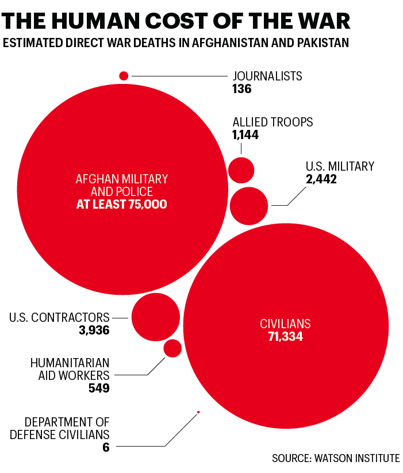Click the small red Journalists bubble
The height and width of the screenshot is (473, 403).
[x=124, y=75]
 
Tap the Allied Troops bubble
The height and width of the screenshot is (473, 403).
[x=241, y=170]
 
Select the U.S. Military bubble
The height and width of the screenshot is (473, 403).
[x=249, y=206]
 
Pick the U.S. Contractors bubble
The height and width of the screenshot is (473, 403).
[x=156, y=317]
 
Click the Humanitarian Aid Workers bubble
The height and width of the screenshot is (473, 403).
[x=172, y=348]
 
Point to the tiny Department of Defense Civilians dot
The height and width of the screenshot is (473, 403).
[x=198, y=412]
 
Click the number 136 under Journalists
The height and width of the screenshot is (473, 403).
[x=242, y=89]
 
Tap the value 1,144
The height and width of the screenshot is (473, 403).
[x=245, y=135]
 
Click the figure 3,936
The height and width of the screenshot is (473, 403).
[x=94, y=330]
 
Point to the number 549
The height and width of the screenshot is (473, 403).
[x=98, y=389]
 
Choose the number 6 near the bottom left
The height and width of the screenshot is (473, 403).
[x=106, y=447]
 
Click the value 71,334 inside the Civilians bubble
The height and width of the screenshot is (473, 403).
[x=285, y=337]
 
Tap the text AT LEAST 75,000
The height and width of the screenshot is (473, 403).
[x=122, y=204]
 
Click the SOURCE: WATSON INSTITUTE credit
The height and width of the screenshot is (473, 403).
[x=336, y=458]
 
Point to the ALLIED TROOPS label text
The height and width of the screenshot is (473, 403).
[x=272, y=122]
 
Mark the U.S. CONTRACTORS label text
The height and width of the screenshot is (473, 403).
[x=60, y=317]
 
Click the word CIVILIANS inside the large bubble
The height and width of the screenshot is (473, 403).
[x=285, y=324]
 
